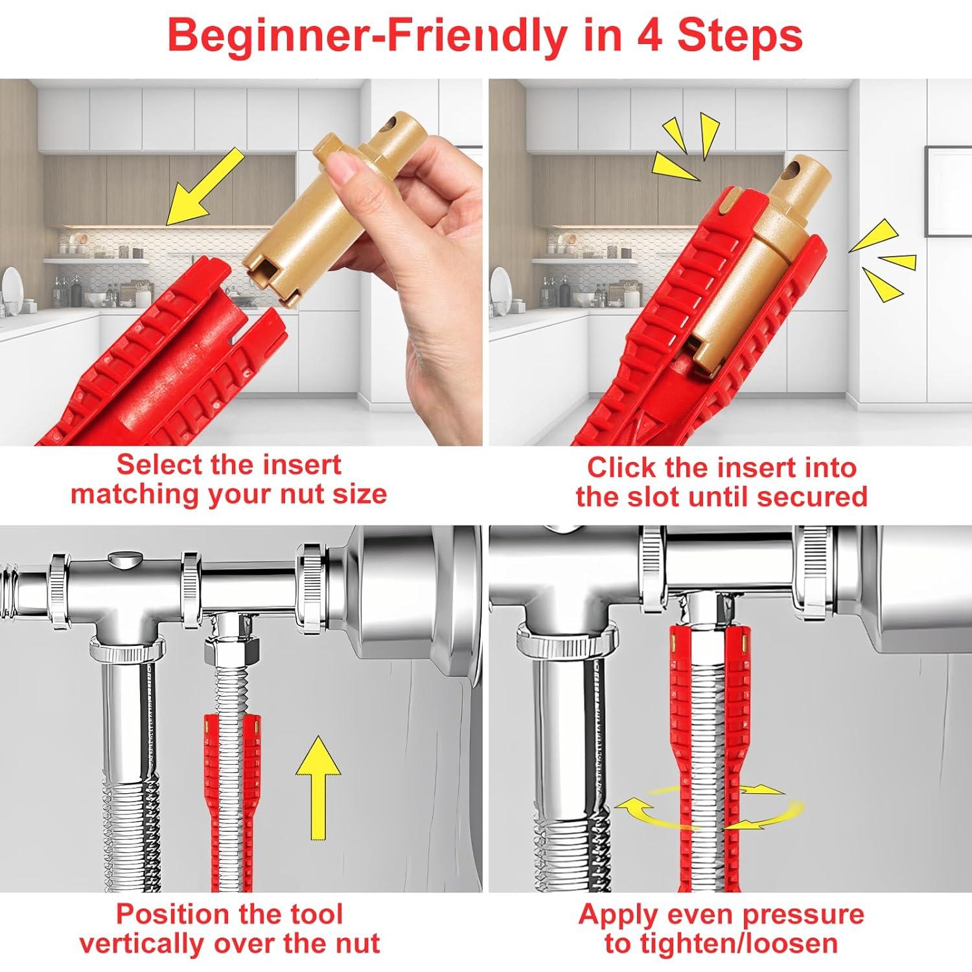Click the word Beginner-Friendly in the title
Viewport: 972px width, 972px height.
coord(367,36)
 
